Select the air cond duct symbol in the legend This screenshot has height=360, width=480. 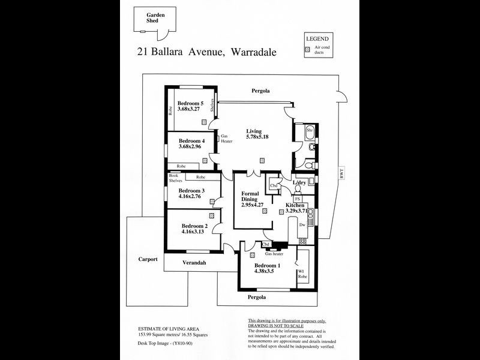308,50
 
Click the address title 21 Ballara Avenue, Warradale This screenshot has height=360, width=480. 206,52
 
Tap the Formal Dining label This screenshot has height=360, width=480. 250,197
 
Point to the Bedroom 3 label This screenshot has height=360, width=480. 191,190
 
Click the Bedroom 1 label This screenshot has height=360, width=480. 266,265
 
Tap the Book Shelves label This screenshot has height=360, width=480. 175,178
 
